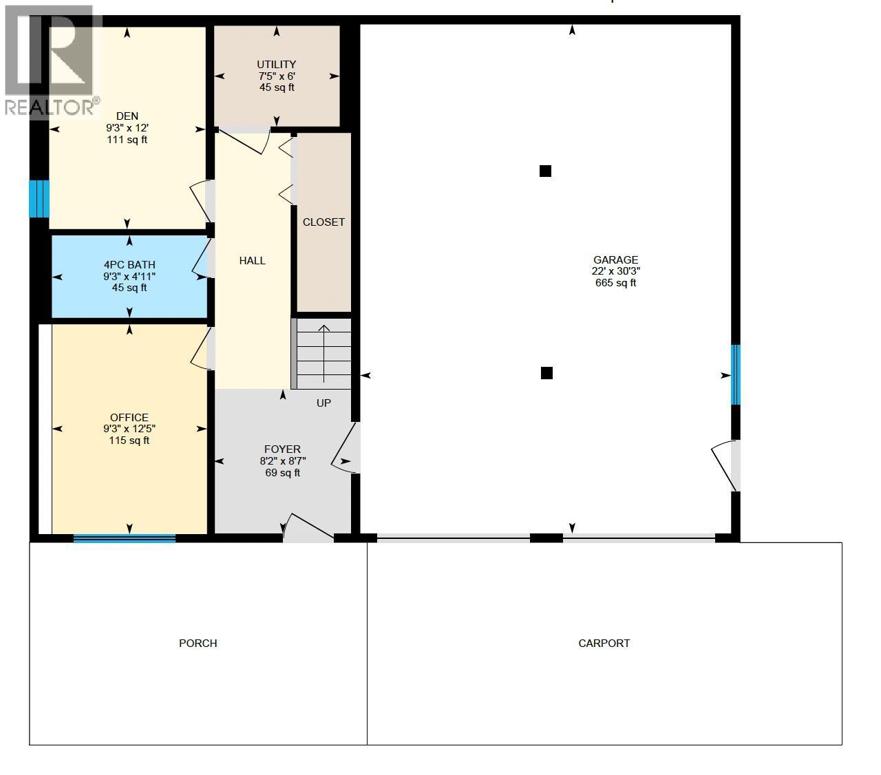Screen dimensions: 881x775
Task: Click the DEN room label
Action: click(127, 116)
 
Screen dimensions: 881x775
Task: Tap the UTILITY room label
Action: click(276, 65)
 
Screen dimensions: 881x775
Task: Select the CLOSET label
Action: click(323, 222)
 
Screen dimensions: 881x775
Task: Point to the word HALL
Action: click(252, 260)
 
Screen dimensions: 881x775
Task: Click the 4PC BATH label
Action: click(129, 264)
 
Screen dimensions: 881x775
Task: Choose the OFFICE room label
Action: click(129, 417)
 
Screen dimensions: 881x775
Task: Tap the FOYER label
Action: click(282, 449)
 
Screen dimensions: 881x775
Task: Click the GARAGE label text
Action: click(615, 259)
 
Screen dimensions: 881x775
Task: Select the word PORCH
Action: click(198, 644)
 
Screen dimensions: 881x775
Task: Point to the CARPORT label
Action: click(604, 644)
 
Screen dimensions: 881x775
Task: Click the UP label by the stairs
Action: click(323, 403)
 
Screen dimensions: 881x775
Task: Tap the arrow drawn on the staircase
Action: click(324, 356)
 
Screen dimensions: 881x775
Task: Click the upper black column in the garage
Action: click(545, 171)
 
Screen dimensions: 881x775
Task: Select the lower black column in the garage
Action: click(546, 373)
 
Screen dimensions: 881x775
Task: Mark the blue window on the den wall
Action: click(39, 198)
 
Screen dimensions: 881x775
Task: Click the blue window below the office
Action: click(125, 538)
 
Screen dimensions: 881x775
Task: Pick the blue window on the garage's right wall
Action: click(735, 374)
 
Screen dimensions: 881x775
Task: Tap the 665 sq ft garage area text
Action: click(615, 283)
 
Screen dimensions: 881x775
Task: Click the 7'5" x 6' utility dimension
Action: click(277, 76)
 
